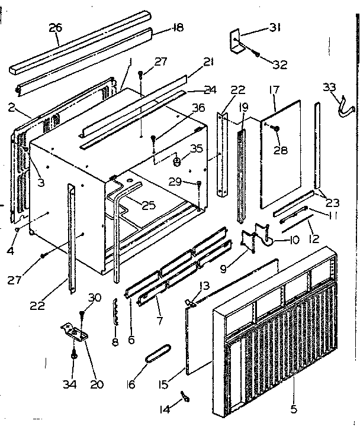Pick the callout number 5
point(294,407)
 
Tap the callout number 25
point(149,205)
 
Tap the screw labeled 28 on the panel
point(276,128)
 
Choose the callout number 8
point(114,342)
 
